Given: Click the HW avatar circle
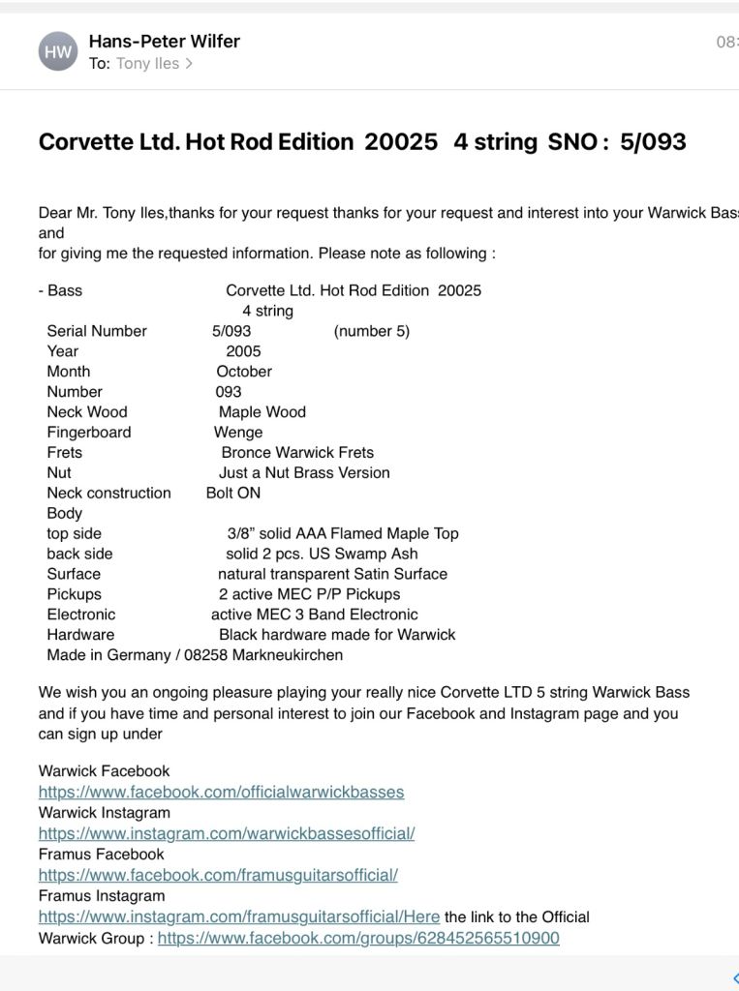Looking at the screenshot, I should click(58, 51).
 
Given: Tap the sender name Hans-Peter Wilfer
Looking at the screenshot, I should click(164, 41).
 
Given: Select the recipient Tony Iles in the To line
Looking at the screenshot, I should click(147, 64).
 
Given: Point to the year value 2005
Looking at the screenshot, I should click(243, 351).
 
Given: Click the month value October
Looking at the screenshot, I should click(244, 372).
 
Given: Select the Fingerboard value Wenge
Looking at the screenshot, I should click(238, 433).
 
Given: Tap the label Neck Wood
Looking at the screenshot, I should click(87, 412).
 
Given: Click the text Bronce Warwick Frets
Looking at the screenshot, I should click(297, 453).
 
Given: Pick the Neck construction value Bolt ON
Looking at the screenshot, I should click(233, 494).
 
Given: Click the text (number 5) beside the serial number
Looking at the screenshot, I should click(371, 331).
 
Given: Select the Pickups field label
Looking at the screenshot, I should click(74, 594).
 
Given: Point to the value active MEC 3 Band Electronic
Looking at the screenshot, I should click(315, 615).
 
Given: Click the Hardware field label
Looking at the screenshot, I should click(80, 635).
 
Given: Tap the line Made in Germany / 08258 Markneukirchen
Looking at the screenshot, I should click(195, 655).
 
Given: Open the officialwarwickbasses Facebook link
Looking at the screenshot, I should click(221, 792).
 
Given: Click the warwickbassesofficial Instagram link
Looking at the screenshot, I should click(227, 833).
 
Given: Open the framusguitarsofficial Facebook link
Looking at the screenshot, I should click(218, 875).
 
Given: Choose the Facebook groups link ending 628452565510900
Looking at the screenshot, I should click(358, 939).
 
